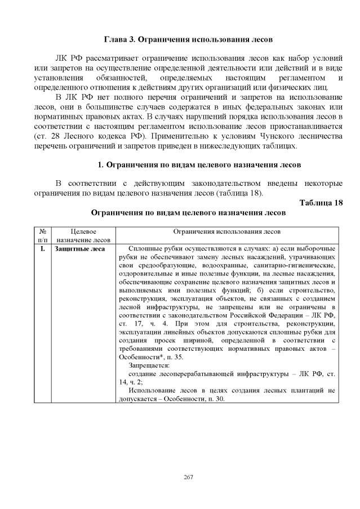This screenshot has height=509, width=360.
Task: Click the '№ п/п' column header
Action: click(43, 236)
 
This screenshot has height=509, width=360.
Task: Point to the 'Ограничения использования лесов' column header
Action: click(226, 231)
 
